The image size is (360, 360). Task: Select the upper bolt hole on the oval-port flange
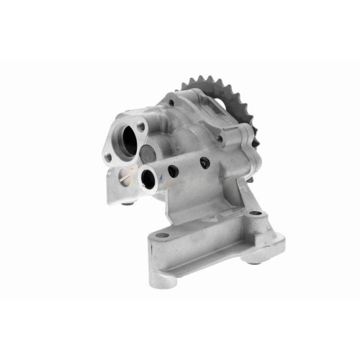pos(140,127)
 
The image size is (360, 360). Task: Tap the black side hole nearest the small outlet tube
pos(174,171)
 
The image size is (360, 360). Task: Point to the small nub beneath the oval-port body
pos(129,203)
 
